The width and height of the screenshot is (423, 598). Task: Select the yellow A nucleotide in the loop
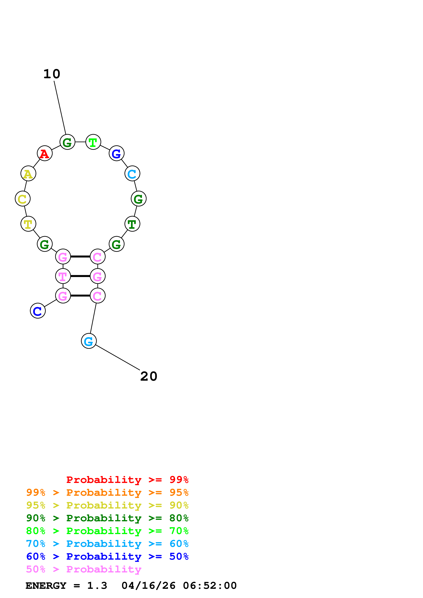click(x=28, y=174)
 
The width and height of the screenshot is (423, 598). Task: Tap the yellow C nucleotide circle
click(x=23, y=199)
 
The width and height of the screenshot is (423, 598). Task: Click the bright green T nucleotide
click(x=93, y=142)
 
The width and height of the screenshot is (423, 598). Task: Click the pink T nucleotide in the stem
click(x=63, y=276)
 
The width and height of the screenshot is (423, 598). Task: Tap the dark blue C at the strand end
click(x=38, y=311)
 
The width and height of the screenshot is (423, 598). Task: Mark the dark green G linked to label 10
click(x=67, y=142)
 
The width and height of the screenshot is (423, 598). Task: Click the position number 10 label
click(x=52, y=74)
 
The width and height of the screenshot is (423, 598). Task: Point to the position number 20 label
click(x=149, y=376)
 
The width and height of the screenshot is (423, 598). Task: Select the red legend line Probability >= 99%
click(x=127, y=480)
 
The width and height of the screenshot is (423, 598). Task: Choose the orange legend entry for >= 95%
click(x=107, y=492)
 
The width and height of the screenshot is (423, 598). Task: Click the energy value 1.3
click(x=97, y=586)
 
